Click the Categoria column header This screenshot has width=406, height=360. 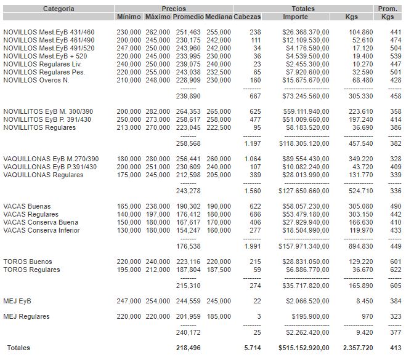pyautogui.click(x=59, y=9)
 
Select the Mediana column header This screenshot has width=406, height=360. pyautogui.click(x=218, y=17)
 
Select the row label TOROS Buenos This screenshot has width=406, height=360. pyautogui.click(x=27, y=262)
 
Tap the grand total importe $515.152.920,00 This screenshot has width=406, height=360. pyautogui.click(x=306, y=348)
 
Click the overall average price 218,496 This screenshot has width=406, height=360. pyautogui.click(x=188, y=348)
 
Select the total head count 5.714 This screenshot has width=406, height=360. pyautogui.click(x=252, y=348)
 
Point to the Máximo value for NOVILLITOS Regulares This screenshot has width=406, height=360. pyautogui.click(x=158, y=127)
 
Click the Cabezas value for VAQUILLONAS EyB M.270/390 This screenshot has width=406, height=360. pyautogui.click(x=252, y=159)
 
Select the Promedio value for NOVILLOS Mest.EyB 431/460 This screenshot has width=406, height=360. pyautogui.click(x=188, y=31)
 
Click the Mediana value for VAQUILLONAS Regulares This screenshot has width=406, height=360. pyautogui.click(x=219, y=175)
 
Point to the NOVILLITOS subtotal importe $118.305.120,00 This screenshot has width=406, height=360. pyautogui.click(x=306, y=143)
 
